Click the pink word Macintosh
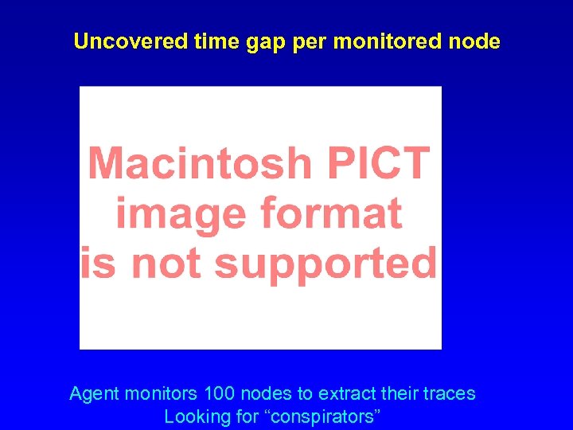200,163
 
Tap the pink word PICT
376,163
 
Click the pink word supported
325,264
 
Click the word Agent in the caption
93,394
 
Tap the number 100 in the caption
220,393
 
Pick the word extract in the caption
345,393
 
